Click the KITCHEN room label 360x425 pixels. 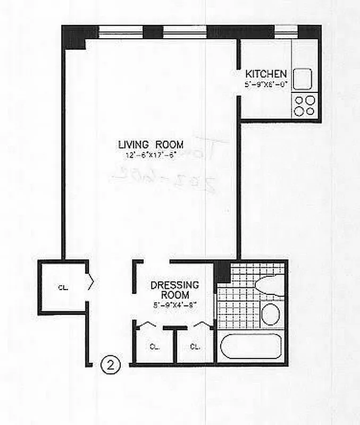tap(266, 74)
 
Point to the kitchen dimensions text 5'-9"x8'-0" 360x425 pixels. tap(266, 84)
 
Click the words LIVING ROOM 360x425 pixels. tap(150, 144)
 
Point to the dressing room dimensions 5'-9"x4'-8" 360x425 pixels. tap(174, 305)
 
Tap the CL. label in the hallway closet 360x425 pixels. tap(63, 288)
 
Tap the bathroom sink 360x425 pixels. tap(271, 314)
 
